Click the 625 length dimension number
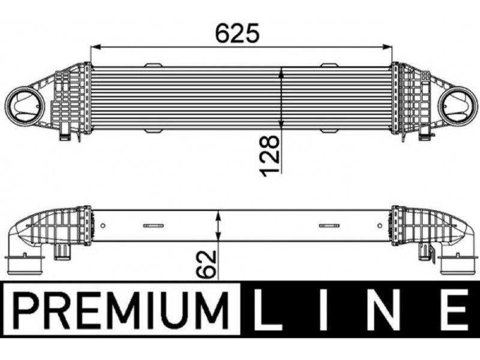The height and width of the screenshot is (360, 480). pyautogui.click(x=237, y=32)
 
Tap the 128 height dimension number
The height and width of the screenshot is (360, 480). pyautogui.click(x=269, y=156)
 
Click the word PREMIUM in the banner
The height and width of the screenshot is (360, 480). pyautogui.click(x=122, y=310)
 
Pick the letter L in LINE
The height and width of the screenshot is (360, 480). pyautogui.click(x=267, y=310)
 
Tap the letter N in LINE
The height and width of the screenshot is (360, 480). pyautogui.click(x=384, y=310)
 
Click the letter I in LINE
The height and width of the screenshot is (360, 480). pyautogui.click(x=323, y=310)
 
